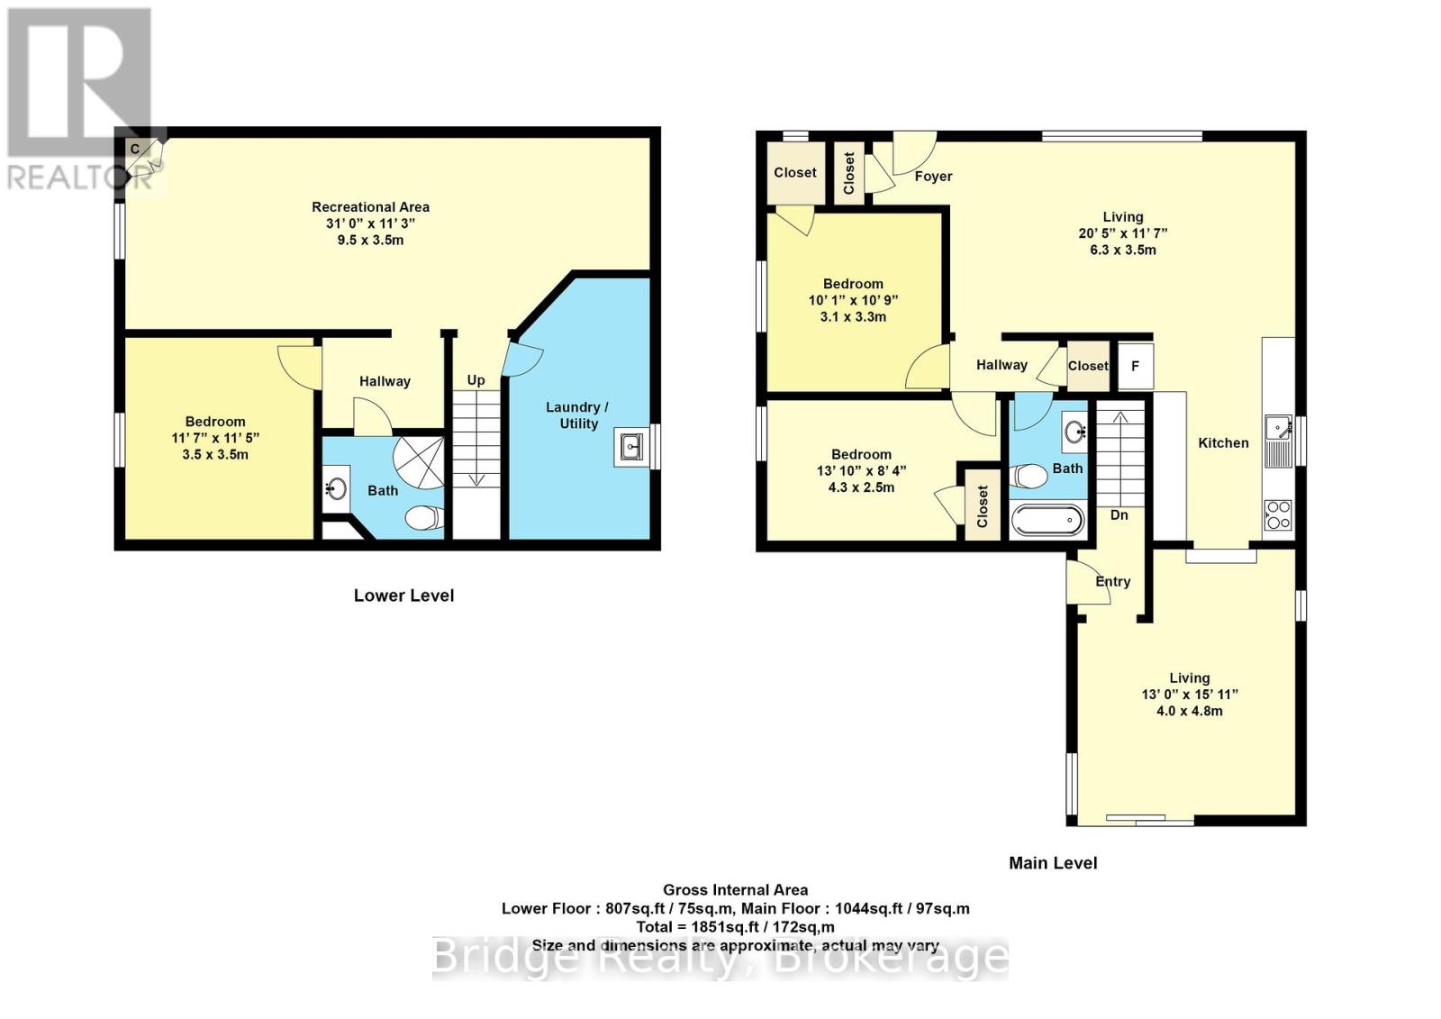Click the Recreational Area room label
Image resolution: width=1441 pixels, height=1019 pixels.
tap(370, 207)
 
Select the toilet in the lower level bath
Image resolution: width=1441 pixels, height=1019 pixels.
tap(423, 517)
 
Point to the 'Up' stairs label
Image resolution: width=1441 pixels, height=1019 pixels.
tap(476, 380)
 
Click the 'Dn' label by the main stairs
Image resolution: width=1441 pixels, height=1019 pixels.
tap(1119, 515)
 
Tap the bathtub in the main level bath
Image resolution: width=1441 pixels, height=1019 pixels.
tap(1047, 521)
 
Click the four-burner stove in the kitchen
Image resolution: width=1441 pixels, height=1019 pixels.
tap(1278, 514)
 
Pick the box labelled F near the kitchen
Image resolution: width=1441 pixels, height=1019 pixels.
tap(1135, 366)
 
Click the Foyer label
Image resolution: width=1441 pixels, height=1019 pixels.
tap(933, 177)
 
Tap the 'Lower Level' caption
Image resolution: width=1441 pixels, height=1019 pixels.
tap(403, 596)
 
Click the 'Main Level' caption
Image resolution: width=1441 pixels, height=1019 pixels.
tap(1053, 863)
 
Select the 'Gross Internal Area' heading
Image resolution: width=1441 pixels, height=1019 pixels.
tap(736, 890)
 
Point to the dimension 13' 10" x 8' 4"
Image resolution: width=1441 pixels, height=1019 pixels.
tap(861, 471)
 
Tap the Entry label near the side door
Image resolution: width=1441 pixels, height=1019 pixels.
tap(1112, 582)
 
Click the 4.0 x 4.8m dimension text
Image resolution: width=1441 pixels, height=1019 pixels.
tap(1189, 711)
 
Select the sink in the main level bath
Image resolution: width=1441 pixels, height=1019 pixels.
tap(1074, 432)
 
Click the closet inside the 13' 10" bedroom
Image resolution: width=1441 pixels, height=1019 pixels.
tap(982, 505)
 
